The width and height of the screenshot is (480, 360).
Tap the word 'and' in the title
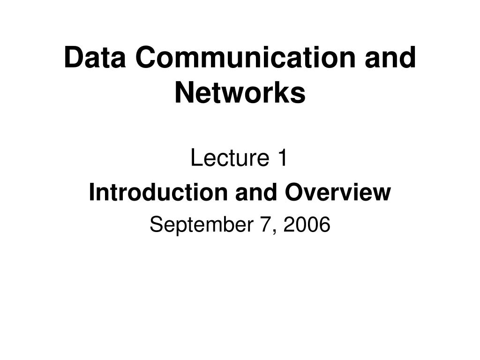click(395, 58)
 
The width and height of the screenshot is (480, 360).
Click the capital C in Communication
click(145, 58)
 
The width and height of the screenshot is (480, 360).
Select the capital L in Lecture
click(195, 159)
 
